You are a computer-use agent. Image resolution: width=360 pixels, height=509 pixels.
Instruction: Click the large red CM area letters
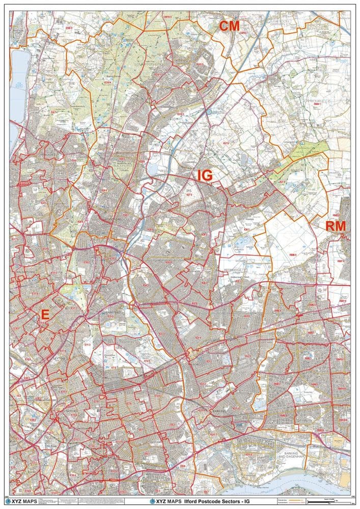coord(229,26)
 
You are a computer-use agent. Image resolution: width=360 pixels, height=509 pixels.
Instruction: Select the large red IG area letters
coord(205,176)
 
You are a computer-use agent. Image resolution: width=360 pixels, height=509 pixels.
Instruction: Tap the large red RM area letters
coord(336,227)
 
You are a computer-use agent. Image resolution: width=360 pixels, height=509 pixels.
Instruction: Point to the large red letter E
coord(45,316)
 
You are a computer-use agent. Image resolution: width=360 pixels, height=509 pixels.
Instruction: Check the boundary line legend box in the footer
coord(288,502)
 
